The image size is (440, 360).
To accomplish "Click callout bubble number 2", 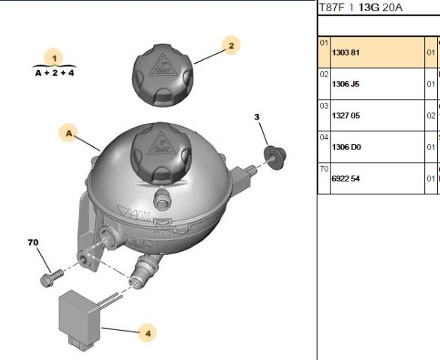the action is [x=231, y=45].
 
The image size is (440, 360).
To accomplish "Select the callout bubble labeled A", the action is [x=69, y=133].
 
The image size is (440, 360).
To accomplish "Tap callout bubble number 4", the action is [x=148, y=333].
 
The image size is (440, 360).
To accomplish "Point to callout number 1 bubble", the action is [x=55, y=58].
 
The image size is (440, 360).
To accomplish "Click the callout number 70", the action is [x=33, y=242].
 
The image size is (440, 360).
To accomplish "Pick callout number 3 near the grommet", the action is [x=257, y=117].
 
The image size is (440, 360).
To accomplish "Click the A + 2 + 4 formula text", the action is [x=55, y=73].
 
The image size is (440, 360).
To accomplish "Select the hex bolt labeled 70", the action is [x=52, y=278].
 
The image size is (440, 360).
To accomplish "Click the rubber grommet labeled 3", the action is [x=275, y=157].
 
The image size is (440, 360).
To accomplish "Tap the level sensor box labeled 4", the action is [x=79, y=317].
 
